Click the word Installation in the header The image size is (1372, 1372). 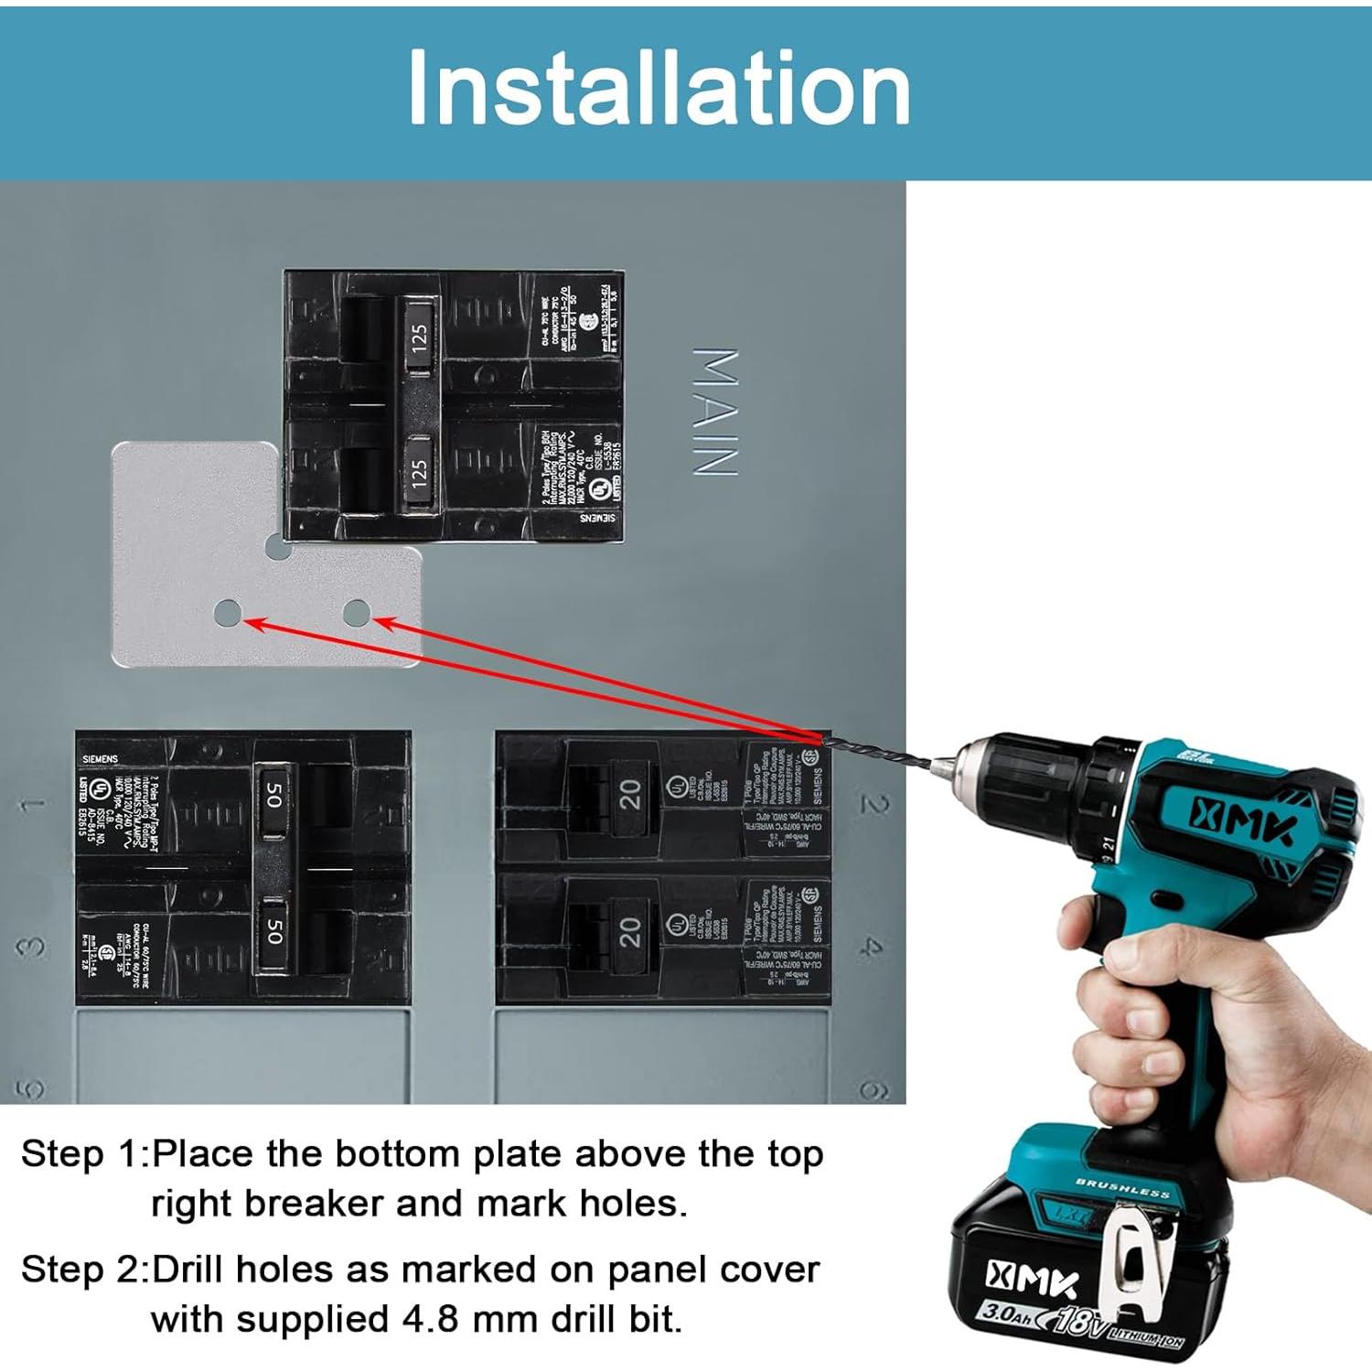pos(659,88)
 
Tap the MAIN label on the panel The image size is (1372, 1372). pos(714,412)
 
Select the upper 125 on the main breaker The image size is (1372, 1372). pos(419,338)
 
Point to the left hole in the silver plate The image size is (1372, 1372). pos(227,614)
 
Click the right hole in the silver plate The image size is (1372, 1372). pos(356,613)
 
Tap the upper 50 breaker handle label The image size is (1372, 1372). pos(273,794)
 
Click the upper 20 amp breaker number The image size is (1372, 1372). pos(630,794)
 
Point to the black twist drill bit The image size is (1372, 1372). pos(878,750)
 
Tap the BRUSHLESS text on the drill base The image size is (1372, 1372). pos(1122,1188)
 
